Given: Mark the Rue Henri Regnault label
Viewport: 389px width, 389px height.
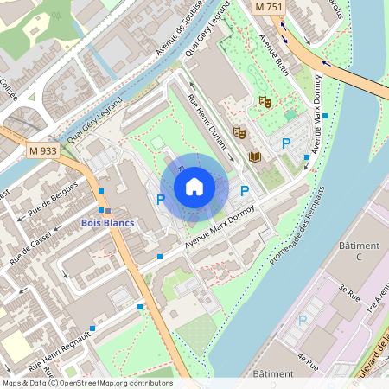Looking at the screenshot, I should [x=61, y=346].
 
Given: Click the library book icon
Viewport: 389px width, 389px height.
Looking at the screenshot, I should [x=254, y=156].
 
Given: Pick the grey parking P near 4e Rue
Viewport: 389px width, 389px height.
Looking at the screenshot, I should [x=302, y=320].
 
